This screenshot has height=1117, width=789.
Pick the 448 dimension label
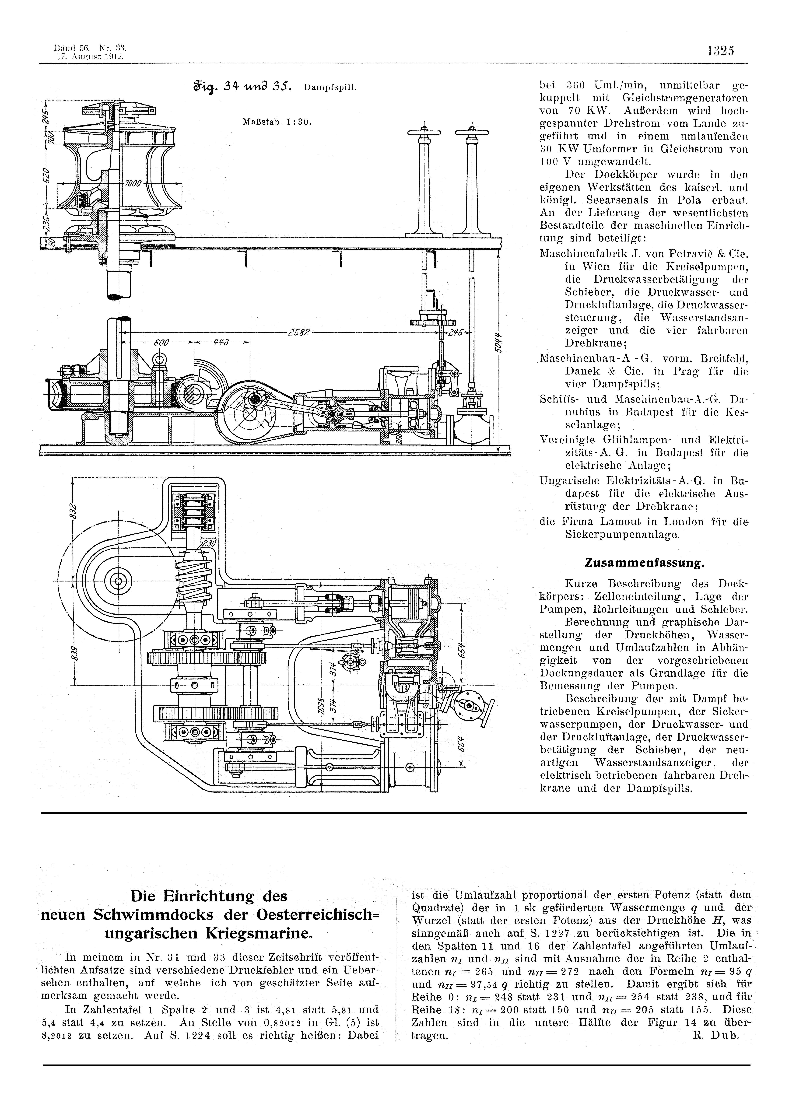(x=221, y=342)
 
